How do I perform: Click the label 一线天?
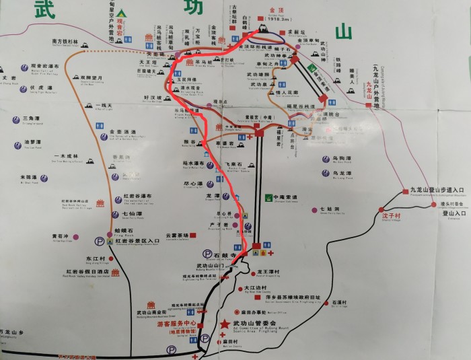(x=103, y=106)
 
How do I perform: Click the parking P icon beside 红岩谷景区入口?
(x=100, y=240)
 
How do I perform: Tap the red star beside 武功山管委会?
(x=224, y=324)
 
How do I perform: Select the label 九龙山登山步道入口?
(x=437, y=190)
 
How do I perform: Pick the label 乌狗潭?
(x=342, y=159)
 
